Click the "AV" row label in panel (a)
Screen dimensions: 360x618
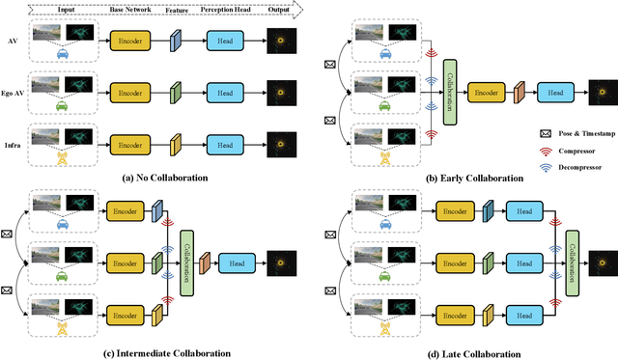coord(13,42)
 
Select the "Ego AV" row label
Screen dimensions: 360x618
coord(13,95)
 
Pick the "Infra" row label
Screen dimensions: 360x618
coord(13,145)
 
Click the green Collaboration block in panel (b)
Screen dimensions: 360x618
coord(449,92)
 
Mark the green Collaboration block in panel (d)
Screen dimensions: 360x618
coord(571,262)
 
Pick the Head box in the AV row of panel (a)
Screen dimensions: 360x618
coord(218,42)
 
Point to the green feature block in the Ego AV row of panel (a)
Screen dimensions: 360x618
coord(176,95)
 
